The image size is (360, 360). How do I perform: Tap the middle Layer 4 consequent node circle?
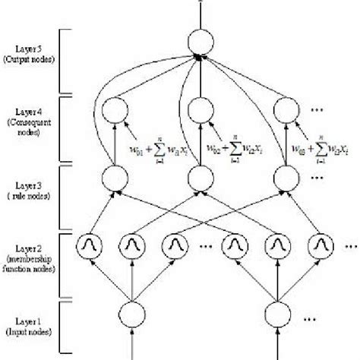(x=198, y=108)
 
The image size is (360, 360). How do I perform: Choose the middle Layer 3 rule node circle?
(x=198, y=179)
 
